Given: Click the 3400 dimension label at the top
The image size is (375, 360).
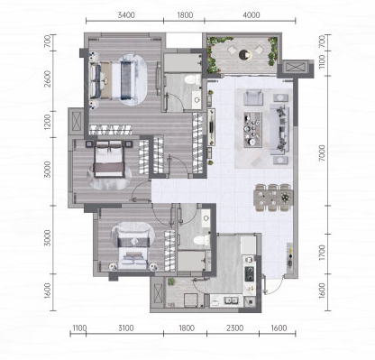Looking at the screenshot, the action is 126,15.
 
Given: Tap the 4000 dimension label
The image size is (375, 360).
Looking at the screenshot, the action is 252,15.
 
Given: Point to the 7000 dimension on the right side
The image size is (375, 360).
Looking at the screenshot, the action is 322,152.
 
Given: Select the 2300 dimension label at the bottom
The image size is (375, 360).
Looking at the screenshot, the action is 234,328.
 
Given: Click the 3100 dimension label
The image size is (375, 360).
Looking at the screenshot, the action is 126,328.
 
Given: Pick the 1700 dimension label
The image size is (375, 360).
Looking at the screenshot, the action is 322,253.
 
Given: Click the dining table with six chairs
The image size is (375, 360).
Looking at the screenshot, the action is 273,198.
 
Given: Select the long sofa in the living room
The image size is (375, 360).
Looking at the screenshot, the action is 279,129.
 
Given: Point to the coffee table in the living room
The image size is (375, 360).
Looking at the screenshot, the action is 252,130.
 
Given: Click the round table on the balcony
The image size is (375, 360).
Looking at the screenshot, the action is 245,55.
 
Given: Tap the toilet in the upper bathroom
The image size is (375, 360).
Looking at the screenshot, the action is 193,80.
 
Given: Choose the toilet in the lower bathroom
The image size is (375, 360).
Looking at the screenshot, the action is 202,240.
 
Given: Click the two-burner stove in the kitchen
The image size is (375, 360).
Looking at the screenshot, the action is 250,273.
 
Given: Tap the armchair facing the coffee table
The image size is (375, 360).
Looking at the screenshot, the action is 253,97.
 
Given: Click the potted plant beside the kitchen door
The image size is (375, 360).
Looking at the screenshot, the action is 171,282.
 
